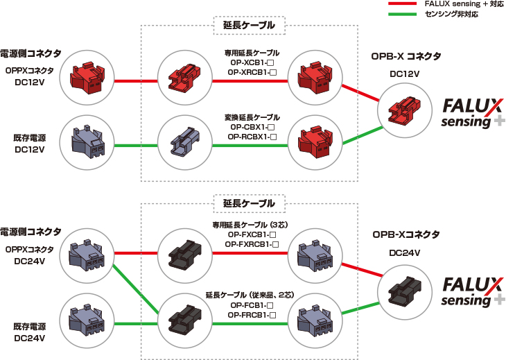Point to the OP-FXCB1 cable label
(254, 234)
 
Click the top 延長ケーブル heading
(249, 26)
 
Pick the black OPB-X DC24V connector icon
(403, 291)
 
